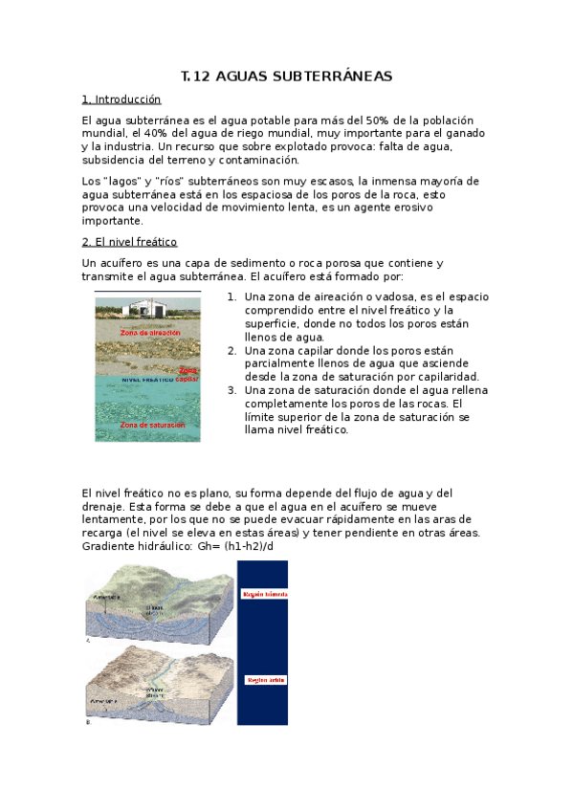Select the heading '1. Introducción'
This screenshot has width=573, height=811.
tap(121, 99)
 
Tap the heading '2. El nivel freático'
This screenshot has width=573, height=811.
tap(129, 241)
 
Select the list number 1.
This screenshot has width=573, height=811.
tap(231, 296)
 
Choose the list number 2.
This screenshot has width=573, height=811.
tap(231, 350)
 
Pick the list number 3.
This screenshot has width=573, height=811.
tap(231, 390)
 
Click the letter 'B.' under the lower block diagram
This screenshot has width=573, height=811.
tap(88, 723)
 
